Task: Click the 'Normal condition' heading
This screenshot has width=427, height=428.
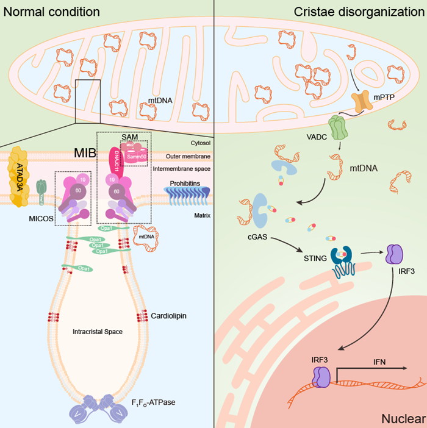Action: [x=52, y=12]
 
